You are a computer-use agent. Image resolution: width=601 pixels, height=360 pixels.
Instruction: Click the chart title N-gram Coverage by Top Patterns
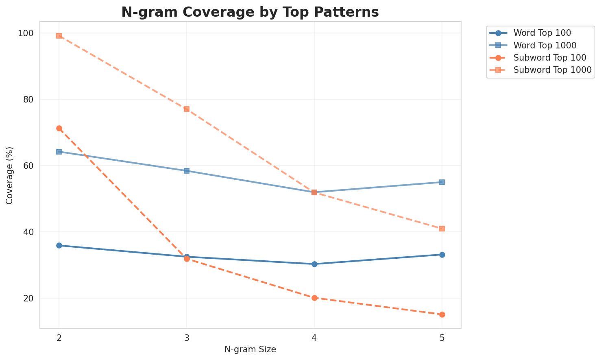click(x=250, y=12)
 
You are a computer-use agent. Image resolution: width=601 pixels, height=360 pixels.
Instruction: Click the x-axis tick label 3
click(x=187, y=338)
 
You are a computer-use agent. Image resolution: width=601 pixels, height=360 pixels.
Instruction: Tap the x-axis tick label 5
click(x=442, y=338)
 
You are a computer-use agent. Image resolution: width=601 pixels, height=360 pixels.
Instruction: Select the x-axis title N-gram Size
click(x=250, y=349)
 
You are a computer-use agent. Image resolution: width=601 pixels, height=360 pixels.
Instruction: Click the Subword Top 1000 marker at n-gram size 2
click(x=59, y=36)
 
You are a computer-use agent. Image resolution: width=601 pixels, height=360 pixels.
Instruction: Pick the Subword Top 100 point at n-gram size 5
click(x=442, y=314)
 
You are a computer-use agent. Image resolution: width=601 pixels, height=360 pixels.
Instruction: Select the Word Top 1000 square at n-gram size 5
click(x=442, y=182)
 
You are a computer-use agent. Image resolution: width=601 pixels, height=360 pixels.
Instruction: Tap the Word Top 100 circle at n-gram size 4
click(x=314, y=264)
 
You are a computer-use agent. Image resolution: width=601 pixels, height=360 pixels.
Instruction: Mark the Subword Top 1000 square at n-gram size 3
click(x=187, y=109)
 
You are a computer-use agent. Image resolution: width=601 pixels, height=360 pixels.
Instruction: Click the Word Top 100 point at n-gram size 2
click(x=59, y=245)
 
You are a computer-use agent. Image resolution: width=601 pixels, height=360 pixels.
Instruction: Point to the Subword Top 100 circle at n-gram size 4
click(x=314, y=298)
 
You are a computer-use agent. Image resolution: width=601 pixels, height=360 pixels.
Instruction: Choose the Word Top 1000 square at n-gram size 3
click(x=187, y=171)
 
